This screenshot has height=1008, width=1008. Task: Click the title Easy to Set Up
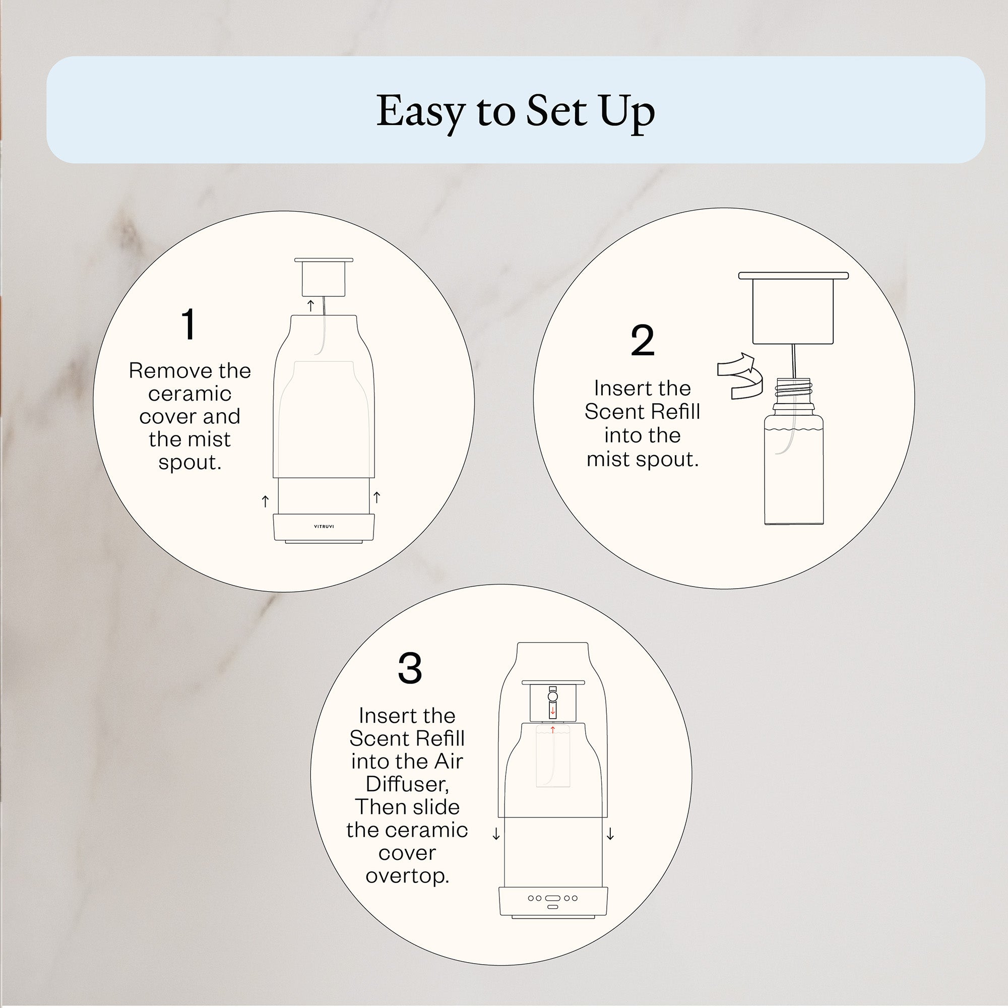516,111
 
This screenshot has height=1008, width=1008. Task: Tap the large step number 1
189,324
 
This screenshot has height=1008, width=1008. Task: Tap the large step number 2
642,341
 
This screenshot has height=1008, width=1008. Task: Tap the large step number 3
410,668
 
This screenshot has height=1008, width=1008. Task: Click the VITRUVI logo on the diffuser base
324,527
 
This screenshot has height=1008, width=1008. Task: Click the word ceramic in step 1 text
190,394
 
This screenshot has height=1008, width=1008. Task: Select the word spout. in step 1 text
190,462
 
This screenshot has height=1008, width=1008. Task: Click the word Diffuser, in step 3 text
407,784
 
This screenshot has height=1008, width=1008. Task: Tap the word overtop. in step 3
407,875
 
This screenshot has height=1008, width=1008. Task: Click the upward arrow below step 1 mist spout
311,305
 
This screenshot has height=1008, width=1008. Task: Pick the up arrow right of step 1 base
376,497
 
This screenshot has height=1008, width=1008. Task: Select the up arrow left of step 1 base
265,501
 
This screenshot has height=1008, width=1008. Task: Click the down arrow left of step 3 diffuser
496,835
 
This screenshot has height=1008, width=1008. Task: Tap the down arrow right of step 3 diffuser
610,834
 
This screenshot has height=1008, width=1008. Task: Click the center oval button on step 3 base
552,899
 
